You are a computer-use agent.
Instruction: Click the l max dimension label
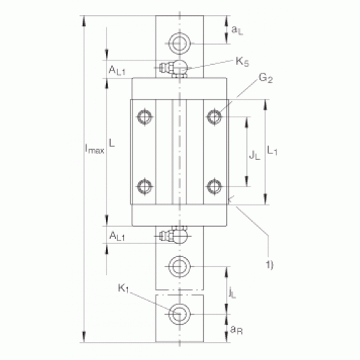(95, 149)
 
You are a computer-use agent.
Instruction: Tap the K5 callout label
(243, 62)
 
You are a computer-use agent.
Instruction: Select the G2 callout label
(266, 78)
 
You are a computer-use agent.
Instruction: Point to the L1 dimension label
(272, 150)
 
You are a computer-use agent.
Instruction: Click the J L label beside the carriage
(255, 156)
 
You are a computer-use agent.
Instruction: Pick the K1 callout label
(123, 288)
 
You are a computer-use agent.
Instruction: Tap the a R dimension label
(236, 330)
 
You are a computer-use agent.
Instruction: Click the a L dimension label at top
(238, 30)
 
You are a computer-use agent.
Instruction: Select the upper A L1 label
(117, 71)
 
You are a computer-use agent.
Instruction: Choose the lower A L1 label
(117, 236)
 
